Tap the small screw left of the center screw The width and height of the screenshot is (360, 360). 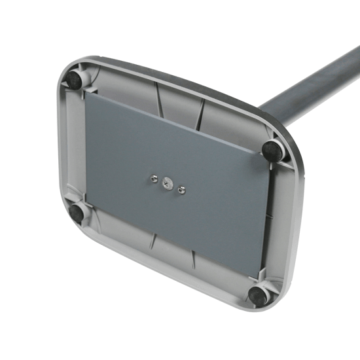point(152,177)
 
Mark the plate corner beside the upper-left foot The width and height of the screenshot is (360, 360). point(86,92)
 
